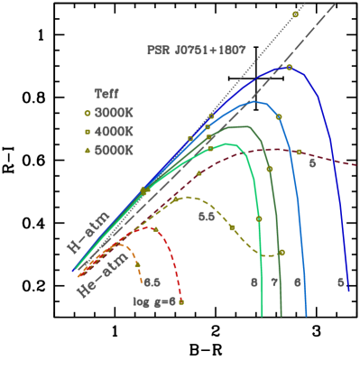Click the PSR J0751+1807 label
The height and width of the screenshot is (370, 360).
[196, 51]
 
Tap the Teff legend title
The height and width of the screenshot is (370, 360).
[106, 92]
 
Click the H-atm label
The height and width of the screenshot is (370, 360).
[88, 230]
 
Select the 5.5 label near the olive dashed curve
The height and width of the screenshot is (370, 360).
[207, 217]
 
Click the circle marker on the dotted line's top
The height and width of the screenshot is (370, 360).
[295, 14]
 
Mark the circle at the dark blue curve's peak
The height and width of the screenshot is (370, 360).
[289, 68]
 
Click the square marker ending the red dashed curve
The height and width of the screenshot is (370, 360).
[181, 301]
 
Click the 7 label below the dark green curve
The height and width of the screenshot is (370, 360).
[274, 282]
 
